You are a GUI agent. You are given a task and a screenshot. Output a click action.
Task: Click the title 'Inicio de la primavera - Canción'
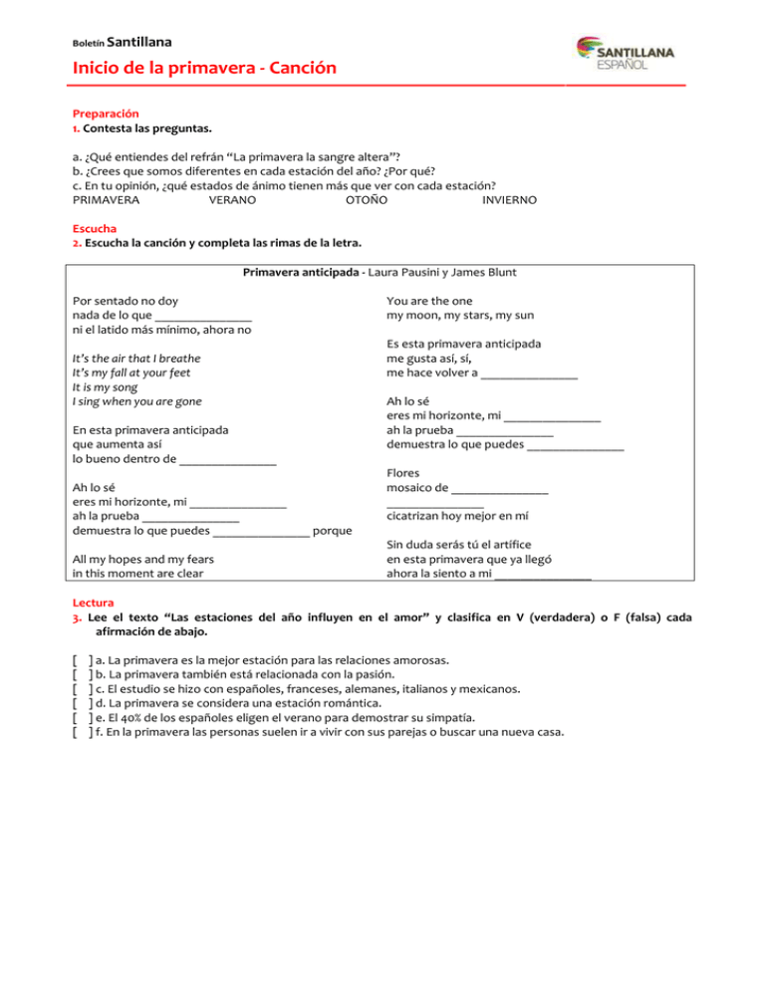(204, 68)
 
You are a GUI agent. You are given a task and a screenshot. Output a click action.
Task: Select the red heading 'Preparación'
(107, 115)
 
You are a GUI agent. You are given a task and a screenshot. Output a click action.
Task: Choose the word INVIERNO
(509, 200)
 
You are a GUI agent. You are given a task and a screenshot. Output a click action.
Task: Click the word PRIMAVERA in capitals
(107, 200)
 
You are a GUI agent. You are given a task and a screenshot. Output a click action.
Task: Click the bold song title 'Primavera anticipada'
(303, 273)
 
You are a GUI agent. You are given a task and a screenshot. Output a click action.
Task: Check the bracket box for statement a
(83, 659)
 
